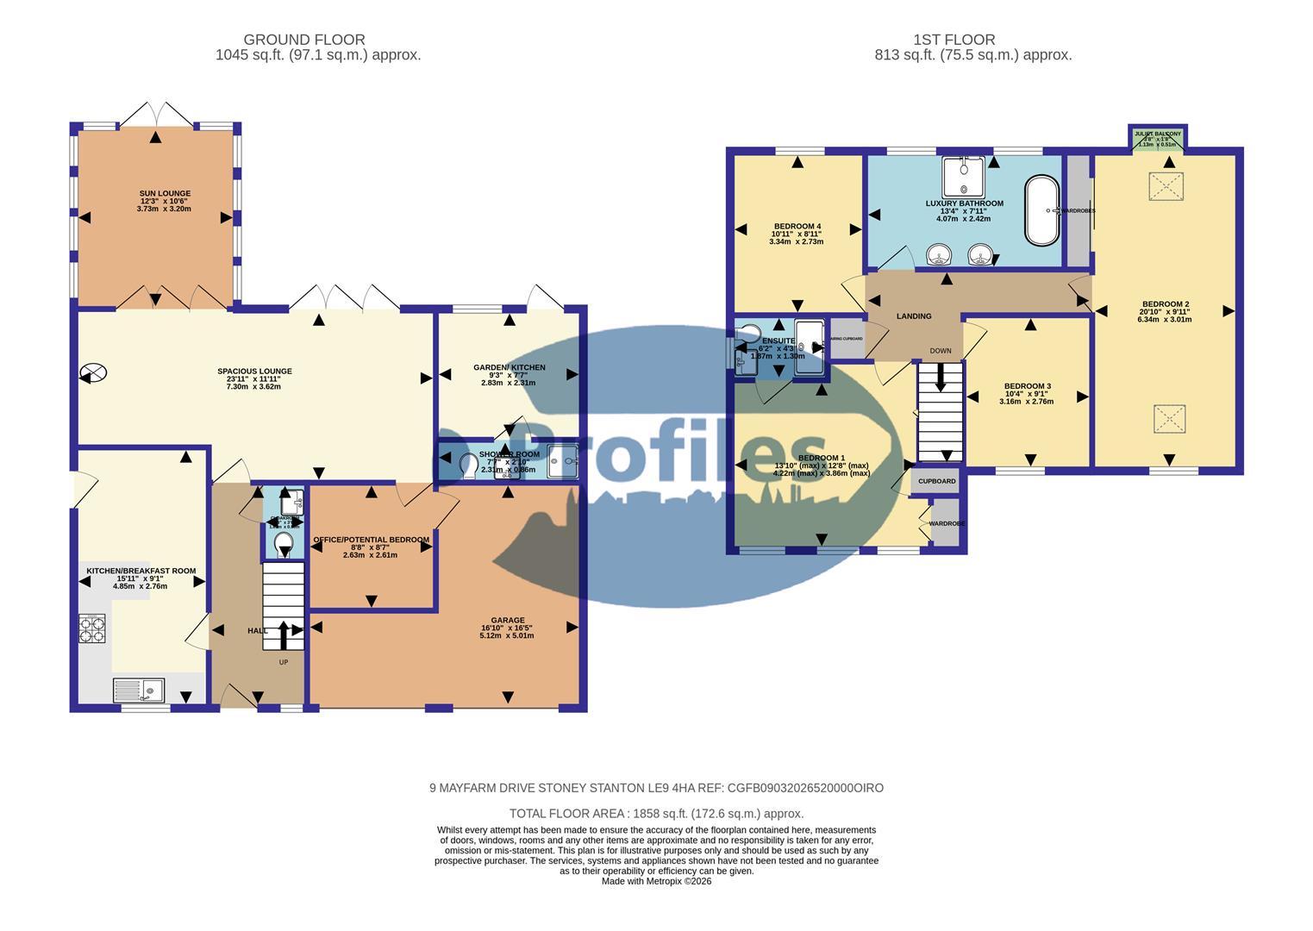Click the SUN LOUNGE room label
165,194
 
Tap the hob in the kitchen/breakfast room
92,628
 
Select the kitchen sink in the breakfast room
139,690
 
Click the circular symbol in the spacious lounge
92,373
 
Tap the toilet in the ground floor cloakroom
284,543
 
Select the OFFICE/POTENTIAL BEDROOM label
371,540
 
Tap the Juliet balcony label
1158,134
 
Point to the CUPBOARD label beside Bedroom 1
936,481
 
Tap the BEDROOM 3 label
1026,386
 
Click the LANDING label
914,316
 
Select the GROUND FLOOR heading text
304,40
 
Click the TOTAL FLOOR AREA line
656,813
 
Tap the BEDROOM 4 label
796,226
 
